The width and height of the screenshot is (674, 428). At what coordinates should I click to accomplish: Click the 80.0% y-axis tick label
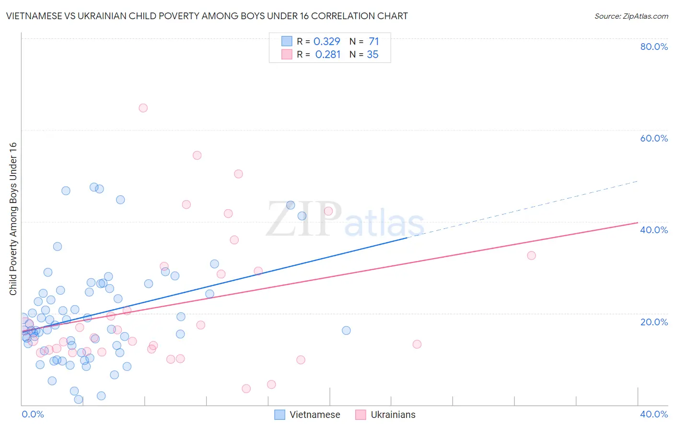click(654, 47)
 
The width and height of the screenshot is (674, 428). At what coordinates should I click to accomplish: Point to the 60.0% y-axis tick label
click(654, 138)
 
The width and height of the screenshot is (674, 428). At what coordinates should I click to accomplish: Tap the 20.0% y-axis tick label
click(654, 322)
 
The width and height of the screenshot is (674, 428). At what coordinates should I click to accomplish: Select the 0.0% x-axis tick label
click(33, 415)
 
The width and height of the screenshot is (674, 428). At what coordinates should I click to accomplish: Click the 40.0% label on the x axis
click(654, 415)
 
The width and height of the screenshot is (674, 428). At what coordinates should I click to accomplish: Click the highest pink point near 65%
click(143, 108)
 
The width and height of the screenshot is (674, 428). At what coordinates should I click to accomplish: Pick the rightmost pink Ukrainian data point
click(531, 255)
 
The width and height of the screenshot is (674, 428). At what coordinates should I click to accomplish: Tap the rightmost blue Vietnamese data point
click(346, 330)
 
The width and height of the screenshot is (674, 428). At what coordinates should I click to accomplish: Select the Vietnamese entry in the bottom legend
click(307, 415)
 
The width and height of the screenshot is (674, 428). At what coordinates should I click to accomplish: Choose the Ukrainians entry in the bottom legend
click(386, 415)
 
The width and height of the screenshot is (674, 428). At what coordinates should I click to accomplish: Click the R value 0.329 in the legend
click(326, 42)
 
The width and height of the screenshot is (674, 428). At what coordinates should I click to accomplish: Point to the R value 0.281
click(327, 55)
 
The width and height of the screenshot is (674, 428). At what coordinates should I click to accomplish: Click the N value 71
click(374, 42)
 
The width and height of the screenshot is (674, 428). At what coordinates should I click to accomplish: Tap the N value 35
click(372, 55)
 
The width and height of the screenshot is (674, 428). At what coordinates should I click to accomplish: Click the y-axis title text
click(13, 219)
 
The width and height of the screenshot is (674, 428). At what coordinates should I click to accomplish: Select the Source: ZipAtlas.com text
click(631, 16)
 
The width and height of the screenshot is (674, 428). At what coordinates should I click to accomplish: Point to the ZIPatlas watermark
click(345, 220)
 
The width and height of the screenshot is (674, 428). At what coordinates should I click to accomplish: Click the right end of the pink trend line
click(637, 223)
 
